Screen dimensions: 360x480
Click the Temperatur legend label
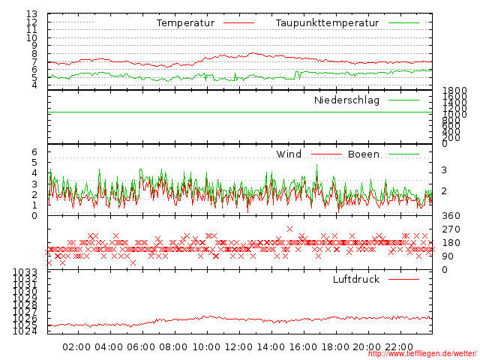click(x=185, y=23)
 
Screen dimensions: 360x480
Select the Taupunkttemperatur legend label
click(x=327, y=23)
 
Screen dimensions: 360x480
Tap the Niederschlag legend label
click(x=346, y=100)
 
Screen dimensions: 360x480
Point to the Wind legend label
click(x=289, y=154)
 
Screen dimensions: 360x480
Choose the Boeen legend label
click(x=364, y=154)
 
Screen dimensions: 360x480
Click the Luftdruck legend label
click(x=356, y=280)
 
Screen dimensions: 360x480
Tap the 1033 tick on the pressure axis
click(x=25, y=272)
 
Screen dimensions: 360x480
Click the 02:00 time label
click(x=76, y=347)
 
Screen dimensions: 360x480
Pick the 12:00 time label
click(x=238, y=347)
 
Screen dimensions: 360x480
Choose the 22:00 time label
click(x=400, y=347)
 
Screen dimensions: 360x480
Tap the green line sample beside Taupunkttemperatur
click(x=403, y=23)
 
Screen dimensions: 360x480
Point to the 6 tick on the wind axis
click(x=34, y=152)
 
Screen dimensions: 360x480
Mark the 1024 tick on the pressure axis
click(x=25, y=331)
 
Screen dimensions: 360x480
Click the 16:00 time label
click(x=304, y=347)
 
